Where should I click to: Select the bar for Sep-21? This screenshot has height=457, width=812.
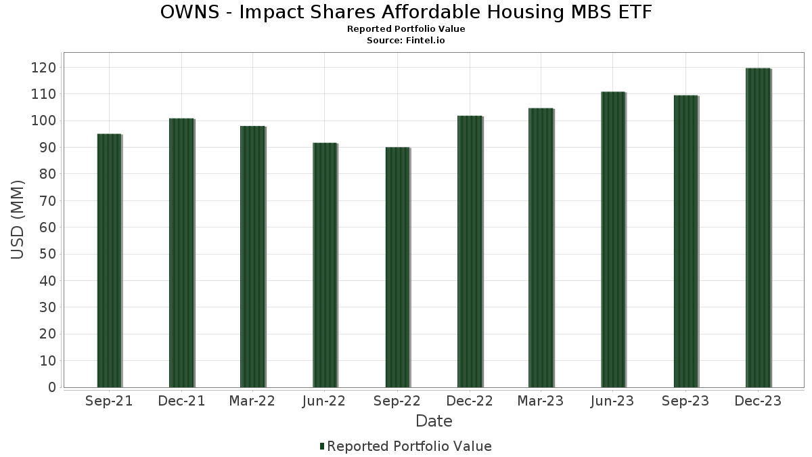pos(109,261)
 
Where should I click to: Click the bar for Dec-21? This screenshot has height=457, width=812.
pos(181,253)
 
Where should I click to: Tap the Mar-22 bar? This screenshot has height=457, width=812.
pos(252,257)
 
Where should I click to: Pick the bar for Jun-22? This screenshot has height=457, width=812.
pos(325,265)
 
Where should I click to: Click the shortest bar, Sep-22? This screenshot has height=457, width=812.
pos(397,267)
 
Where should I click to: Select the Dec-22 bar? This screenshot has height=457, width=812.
pos(470,252)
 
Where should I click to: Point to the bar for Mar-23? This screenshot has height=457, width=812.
pos(541,248)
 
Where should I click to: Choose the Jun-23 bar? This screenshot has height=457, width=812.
pos(613,240)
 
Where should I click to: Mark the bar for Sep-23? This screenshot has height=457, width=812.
pos(685,242)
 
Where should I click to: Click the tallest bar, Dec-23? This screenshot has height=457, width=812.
pos(758,228)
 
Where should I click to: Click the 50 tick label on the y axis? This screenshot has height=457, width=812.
pos(47,255)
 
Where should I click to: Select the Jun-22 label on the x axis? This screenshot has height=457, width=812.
pos(324,401)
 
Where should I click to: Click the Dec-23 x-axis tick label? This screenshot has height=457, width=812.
pos(758,401)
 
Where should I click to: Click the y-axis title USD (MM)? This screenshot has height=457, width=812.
pos(18,219)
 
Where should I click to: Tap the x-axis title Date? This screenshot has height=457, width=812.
pos(434,421)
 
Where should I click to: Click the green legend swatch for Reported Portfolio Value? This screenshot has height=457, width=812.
pos(322,446)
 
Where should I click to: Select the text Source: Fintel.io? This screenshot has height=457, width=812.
pos(406,41)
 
